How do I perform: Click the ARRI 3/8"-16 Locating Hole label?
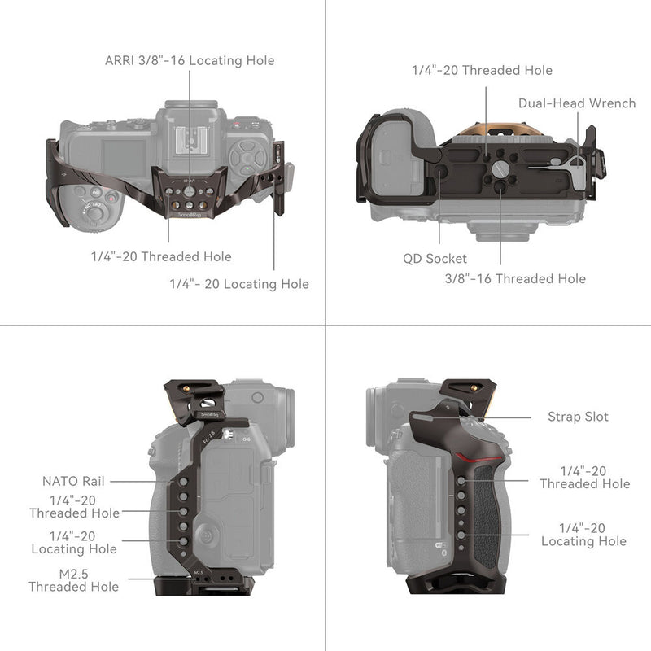pos(190,60)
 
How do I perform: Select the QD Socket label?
pos(435,258)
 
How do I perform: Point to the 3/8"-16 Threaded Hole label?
pos(514,278)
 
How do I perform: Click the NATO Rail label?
pos(74,482)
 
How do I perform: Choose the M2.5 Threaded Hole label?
pos(73,580)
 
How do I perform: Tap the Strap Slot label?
pos(578,417)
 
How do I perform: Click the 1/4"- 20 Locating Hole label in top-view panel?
pos(239,284)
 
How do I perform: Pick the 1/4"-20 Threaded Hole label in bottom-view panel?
pos(482,70)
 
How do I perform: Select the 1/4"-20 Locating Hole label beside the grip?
pos(583,535)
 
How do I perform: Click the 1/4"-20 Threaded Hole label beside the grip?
pos(584,477)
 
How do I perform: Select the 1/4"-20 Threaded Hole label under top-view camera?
pos(161,257)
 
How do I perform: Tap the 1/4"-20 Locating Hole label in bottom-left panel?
pos(74,543)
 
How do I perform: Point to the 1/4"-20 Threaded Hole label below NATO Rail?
pos(74,507)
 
